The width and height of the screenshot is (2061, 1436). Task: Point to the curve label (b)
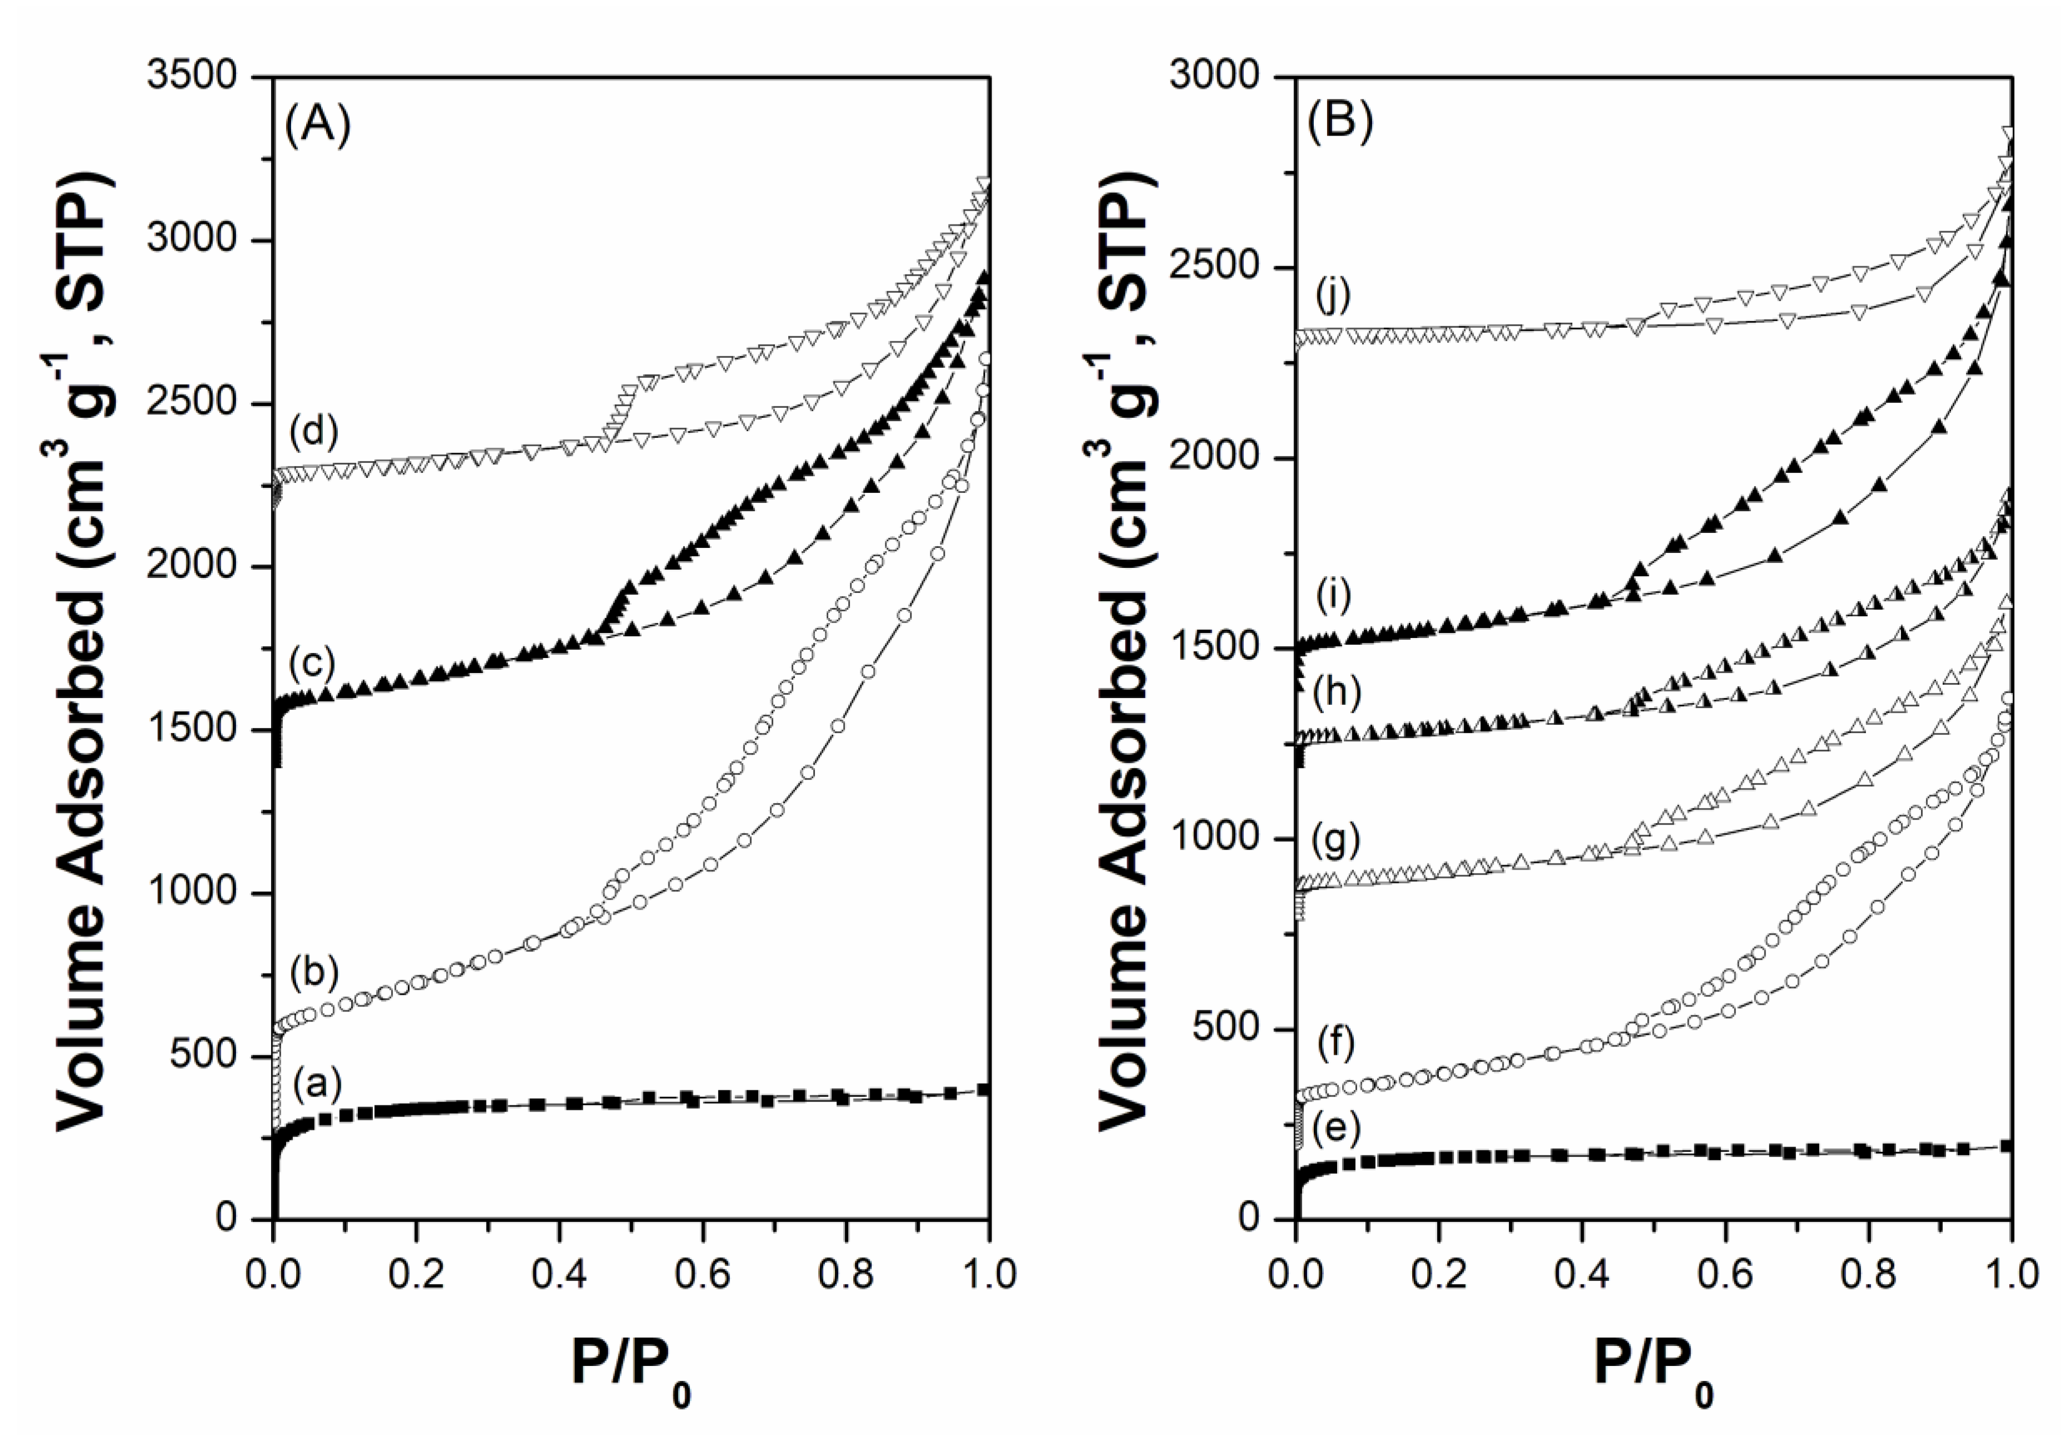[313, 972]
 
